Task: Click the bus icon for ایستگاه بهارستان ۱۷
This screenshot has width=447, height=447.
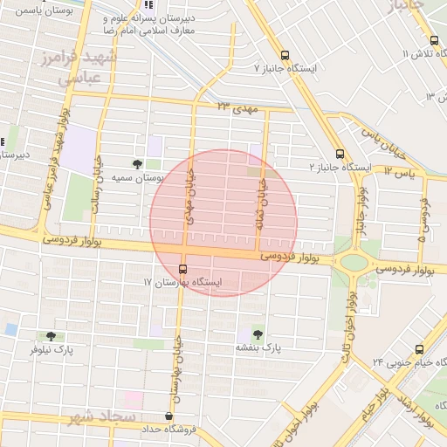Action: tap(182, 269)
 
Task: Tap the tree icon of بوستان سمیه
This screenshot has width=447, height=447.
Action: tap(137, 163)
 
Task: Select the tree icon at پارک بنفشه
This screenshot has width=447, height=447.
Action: tap(257, 334)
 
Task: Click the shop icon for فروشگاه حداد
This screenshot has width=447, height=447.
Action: tap(168, 416)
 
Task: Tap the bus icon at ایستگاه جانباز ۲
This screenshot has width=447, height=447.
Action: tap(340, 153)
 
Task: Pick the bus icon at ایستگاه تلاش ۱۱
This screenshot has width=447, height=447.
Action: tap(435, 40)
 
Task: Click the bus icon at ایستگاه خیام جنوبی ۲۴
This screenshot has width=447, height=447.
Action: tap(420, 348)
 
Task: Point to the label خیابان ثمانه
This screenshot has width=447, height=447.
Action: tap(259, 206)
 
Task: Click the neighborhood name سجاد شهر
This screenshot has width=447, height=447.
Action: tap(100, 418)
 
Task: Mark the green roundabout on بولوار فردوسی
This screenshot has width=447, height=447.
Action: tap(354, 262)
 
